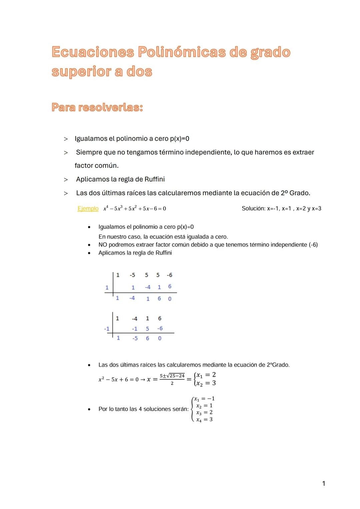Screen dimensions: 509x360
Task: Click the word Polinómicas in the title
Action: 181,52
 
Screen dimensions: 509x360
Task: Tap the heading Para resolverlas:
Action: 97,107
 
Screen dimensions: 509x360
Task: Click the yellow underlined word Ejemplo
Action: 88,209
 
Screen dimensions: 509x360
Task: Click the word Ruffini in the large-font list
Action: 154,179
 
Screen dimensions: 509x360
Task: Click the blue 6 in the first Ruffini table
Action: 170,286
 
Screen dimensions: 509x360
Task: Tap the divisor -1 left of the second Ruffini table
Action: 107,329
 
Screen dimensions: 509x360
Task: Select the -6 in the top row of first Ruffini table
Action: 169,275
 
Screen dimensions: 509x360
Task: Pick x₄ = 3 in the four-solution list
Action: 204,420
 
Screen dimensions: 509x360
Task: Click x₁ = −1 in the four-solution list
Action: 204,399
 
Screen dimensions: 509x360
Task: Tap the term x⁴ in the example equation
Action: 106,209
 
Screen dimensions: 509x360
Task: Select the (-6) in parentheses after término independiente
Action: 313,245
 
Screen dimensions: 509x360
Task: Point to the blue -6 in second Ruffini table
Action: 160,328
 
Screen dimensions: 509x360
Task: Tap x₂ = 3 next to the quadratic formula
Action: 206,383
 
